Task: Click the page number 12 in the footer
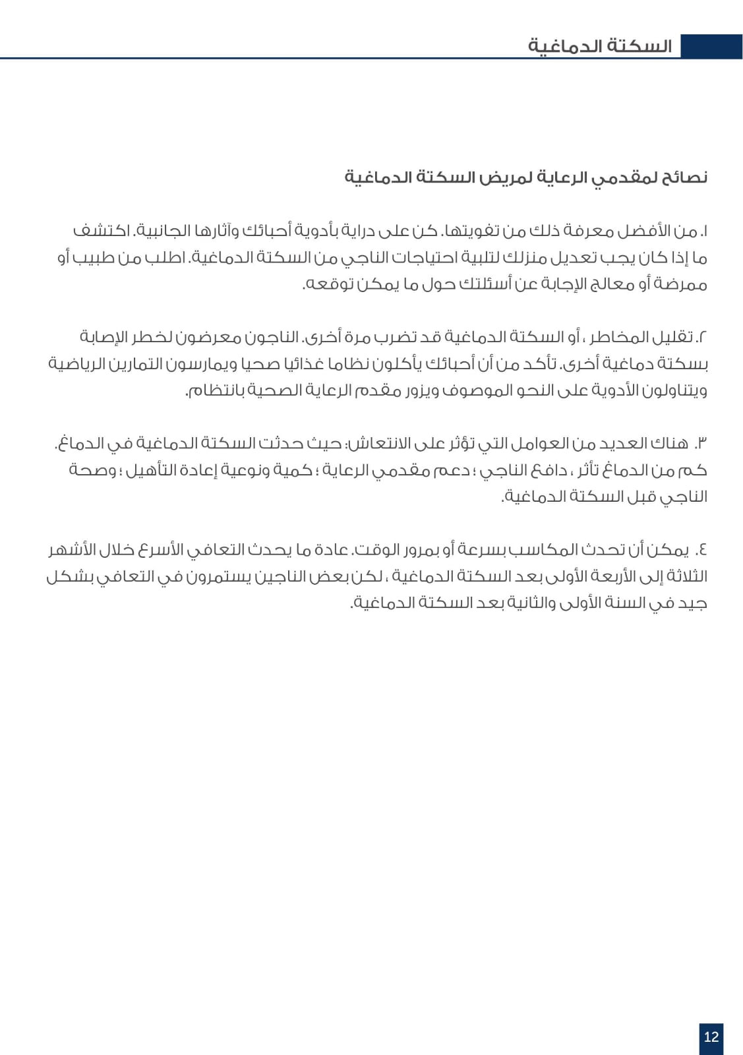pos(711,1037)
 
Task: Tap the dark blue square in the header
pos(711,46)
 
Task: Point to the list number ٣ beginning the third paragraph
pos(701,442)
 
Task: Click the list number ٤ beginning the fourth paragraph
pos(701,549)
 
